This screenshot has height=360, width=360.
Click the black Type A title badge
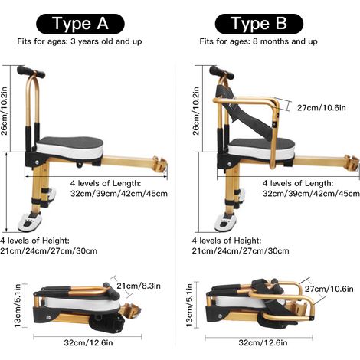(80, 24)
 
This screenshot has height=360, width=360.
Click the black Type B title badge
(259, 24)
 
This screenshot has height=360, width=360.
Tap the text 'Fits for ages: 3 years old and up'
(80, 41)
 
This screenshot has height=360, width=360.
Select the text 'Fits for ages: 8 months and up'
(258, 41)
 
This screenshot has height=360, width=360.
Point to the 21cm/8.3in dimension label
(139, 286)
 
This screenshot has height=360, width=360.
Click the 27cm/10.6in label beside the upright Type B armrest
(322, 108)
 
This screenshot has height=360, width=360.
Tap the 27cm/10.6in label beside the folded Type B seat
(329, 289)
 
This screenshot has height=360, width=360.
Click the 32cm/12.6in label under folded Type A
(88, 342)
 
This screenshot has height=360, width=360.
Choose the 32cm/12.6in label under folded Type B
(263, 342)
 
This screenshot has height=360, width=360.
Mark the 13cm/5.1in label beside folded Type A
(18, 305)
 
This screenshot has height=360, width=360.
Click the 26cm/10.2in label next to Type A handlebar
(5, 111)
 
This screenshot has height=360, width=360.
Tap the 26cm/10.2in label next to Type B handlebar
(196, 111)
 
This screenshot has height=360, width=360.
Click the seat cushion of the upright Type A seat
(70, 148)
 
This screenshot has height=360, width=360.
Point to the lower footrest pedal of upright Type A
(30, 221)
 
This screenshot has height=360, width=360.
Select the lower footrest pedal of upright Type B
(225, 222)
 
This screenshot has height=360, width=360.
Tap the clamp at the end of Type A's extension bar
(160, 164)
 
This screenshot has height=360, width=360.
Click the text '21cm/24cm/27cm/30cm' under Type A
(48, 250)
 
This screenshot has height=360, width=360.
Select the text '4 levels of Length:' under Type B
(298, 183)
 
